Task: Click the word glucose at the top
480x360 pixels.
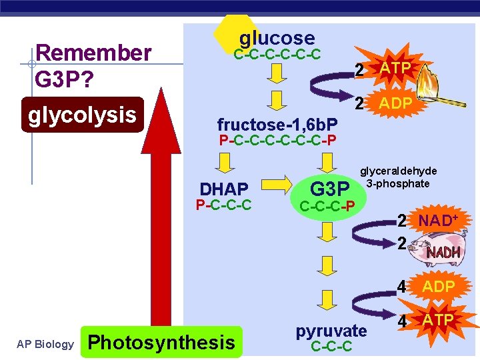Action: (277, 38)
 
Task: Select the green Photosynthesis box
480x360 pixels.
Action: (161, 343)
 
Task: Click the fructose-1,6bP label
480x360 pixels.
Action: (277, 124)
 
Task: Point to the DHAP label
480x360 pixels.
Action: (224, 189)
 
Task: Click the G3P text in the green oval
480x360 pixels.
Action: (330, 187)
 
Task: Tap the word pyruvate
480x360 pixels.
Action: (331, 331)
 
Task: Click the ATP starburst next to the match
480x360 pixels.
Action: (396, 69)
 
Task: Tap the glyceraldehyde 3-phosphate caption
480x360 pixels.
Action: (398, 177)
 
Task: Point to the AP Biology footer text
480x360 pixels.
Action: (45, 344)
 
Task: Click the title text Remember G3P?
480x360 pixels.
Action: (93, 67)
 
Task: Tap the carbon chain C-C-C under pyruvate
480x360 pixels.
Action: (331, 347)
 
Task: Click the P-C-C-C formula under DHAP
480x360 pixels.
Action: (223, 205)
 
